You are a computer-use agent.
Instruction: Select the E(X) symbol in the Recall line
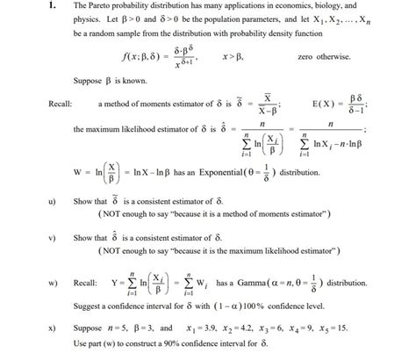pos(321,104)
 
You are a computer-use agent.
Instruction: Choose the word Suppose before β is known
pos(89,82)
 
